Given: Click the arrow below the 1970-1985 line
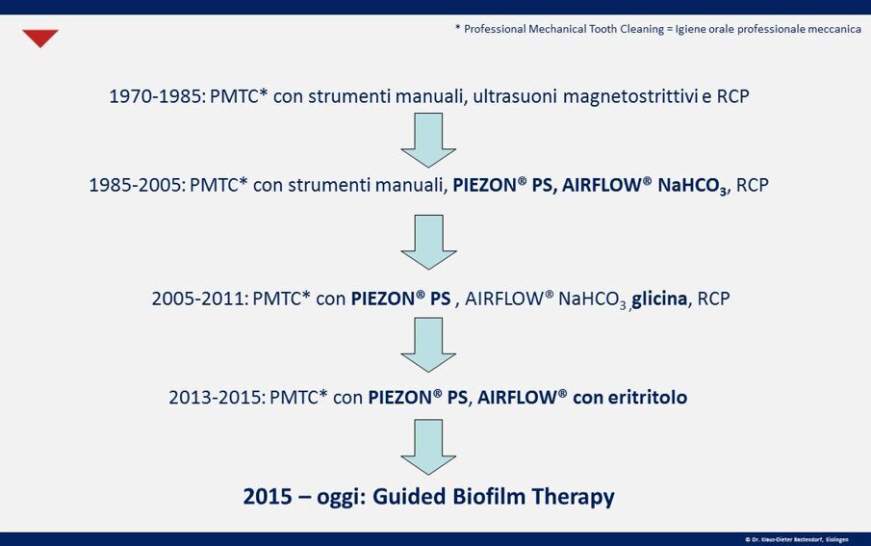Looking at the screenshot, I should click(427, 140).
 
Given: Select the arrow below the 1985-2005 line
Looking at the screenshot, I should click(427, 241).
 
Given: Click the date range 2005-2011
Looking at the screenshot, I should click(199, 299).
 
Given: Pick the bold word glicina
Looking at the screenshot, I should click(659, 299).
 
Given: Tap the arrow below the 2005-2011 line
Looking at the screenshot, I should click(427, 344).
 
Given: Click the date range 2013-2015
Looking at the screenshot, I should click(217, 397).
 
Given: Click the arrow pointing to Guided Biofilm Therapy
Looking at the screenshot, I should click(427, 446).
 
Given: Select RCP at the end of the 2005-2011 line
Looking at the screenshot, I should click(713, 299).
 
